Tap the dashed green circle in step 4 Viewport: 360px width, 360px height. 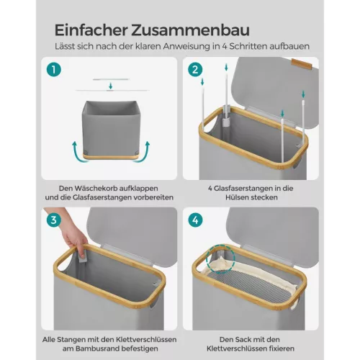(217, 262)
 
